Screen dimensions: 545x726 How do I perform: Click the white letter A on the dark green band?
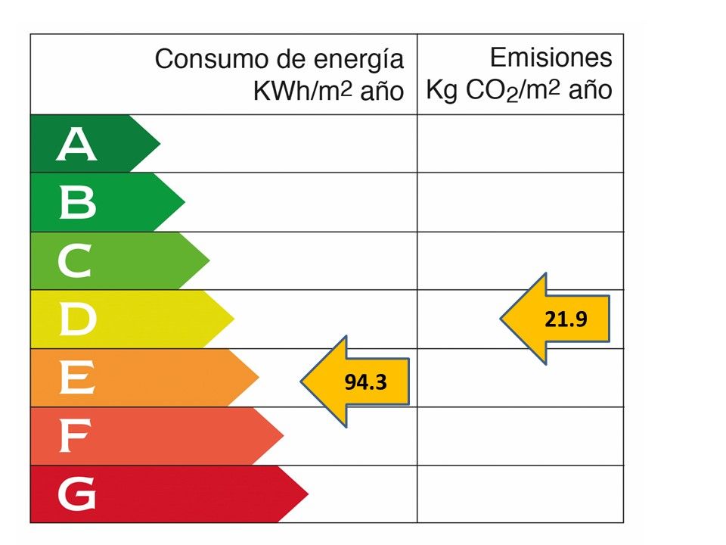(x=77, y=145)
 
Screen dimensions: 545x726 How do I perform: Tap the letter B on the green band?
(x=77, y=203)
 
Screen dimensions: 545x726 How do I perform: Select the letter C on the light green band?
(x=76, y=262)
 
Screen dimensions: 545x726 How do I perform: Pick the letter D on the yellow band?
(x=77, y=320)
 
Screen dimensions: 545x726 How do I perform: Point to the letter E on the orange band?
(x=77, y=378)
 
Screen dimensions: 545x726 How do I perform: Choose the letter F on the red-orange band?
(x=76, y=437)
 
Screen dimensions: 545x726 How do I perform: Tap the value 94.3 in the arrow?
(x=366, y=382)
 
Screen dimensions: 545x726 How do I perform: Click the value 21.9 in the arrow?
(x=566, y=319)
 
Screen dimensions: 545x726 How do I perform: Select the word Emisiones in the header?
(x=551, y=58)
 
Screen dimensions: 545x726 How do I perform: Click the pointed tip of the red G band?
(x=308, y=494)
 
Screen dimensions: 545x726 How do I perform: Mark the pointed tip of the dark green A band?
(x=160, y=144)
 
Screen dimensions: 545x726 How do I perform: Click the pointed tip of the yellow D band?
(x=234, y=319)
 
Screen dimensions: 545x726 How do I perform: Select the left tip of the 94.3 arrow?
(x=302, y=381)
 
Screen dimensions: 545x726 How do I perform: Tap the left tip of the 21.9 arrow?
(x=501, y=319)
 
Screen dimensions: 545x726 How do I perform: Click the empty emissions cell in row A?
(x=520, y=144)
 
